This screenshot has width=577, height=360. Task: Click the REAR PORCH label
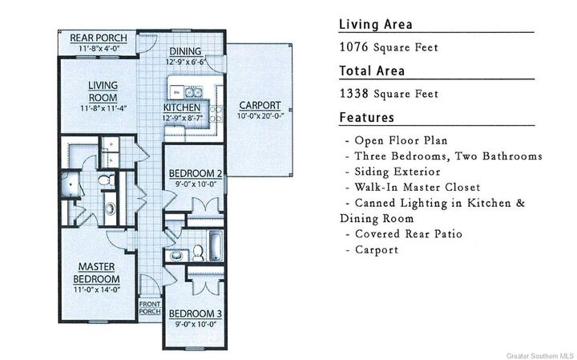99,38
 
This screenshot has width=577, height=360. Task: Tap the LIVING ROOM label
103,91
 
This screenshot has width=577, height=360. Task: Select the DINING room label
185,51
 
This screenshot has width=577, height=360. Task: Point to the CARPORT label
260,106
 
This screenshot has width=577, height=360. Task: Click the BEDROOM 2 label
196,173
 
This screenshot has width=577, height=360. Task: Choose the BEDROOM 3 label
196,314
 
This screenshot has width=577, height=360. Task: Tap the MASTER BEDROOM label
96,273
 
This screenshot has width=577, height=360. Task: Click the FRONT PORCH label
150,308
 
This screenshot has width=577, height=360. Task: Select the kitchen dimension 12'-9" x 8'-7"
183,119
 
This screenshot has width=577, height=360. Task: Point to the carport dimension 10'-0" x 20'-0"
260,116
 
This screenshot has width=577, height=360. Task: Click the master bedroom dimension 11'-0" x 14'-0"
97,290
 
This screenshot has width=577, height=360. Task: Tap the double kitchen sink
193,92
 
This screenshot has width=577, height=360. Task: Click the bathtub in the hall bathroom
216,246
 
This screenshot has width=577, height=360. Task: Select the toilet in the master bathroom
107,180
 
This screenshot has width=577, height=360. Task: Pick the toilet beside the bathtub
198,253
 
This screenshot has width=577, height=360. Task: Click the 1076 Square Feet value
389,47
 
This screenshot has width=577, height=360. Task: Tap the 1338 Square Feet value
389,94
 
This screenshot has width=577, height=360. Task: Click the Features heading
366,117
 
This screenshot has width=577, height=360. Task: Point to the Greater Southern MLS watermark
540,356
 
